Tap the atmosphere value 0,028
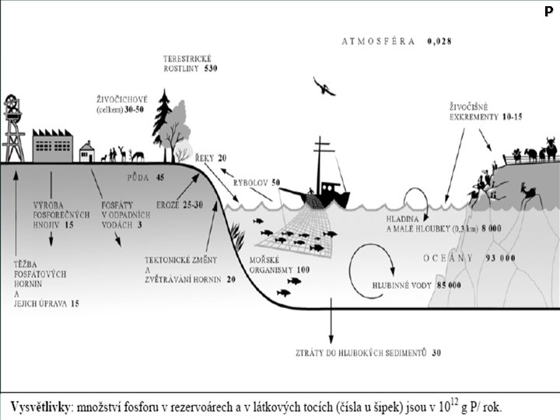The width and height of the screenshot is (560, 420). tap(439, 40)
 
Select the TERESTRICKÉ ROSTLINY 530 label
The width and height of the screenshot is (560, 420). tap(190, 64)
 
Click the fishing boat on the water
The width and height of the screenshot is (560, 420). tap(320, 183)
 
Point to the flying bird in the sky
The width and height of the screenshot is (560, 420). tap(324, 86)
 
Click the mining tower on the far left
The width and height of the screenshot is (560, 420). tap(13, 128)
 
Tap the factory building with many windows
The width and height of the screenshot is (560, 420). tap(53, 144)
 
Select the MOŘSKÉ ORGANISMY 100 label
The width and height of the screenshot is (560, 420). tap(280, 264)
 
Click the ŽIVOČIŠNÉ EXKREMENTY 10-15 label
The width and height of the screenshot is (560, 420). tap(485, 111)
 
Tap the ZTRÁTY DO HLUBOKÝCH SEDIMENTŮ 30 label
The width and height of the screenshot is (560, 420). tap(369, 353)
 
